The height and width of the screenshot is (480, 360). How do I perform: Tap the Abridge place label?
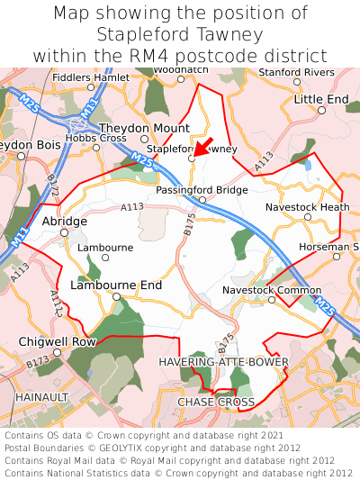point(65,221)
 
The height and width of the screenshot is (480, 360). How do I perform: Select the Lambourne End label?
point(116,285)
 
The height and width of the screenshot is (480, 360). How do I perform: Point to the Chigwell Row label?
point(58,342)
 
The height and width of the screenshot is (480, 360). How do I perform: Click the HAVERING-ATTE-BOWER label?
point(223,362)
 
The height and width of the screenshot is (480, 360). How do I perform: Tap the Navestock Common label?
point(272,291)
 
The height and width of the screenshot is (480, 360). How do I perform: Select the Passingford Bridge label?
point(202,191)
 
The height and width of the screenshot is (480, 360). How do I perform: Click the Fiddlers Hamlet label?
point(91,77)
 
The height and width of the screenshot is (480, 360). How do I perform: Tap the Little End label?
point(321,98)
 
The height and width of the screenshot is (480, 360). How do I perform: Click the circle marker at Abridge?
point(64,232)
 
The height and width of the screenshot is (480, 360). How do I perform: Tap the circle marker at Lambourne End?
point(116,296)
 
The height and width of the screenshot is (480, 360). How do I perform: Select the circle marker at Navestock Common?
point(271,301)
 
